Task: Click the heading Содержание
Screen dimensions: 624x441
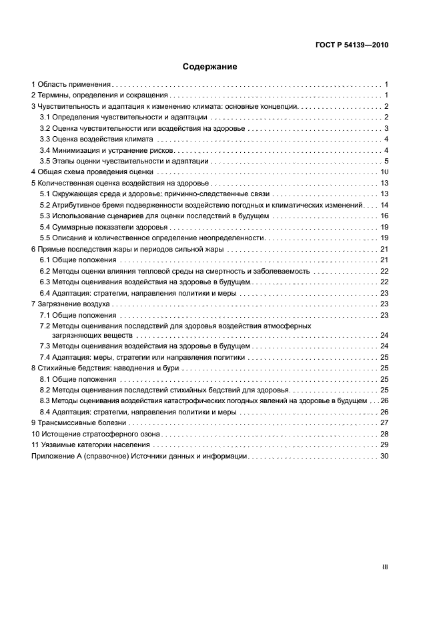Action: (x=210, y=67)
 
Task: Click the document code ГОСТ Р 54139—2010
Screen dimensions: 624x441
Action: (x=352, y=45)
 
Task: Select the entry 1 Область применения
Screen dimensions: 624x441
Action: (x=71, y=85)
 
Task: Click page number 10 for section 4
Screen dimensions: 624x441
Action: (x=384, y=172)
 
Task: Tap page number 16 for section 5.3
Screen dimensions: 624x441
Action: (x=384, y=216)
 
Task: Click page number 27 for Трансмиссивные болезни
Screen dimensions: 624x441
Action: (x=384, y=422)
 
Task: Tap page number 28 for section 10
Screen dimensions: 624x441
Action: (x=384, y=434)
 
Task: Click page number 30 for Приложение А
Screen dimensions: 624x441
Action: (x=384, y=456)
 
